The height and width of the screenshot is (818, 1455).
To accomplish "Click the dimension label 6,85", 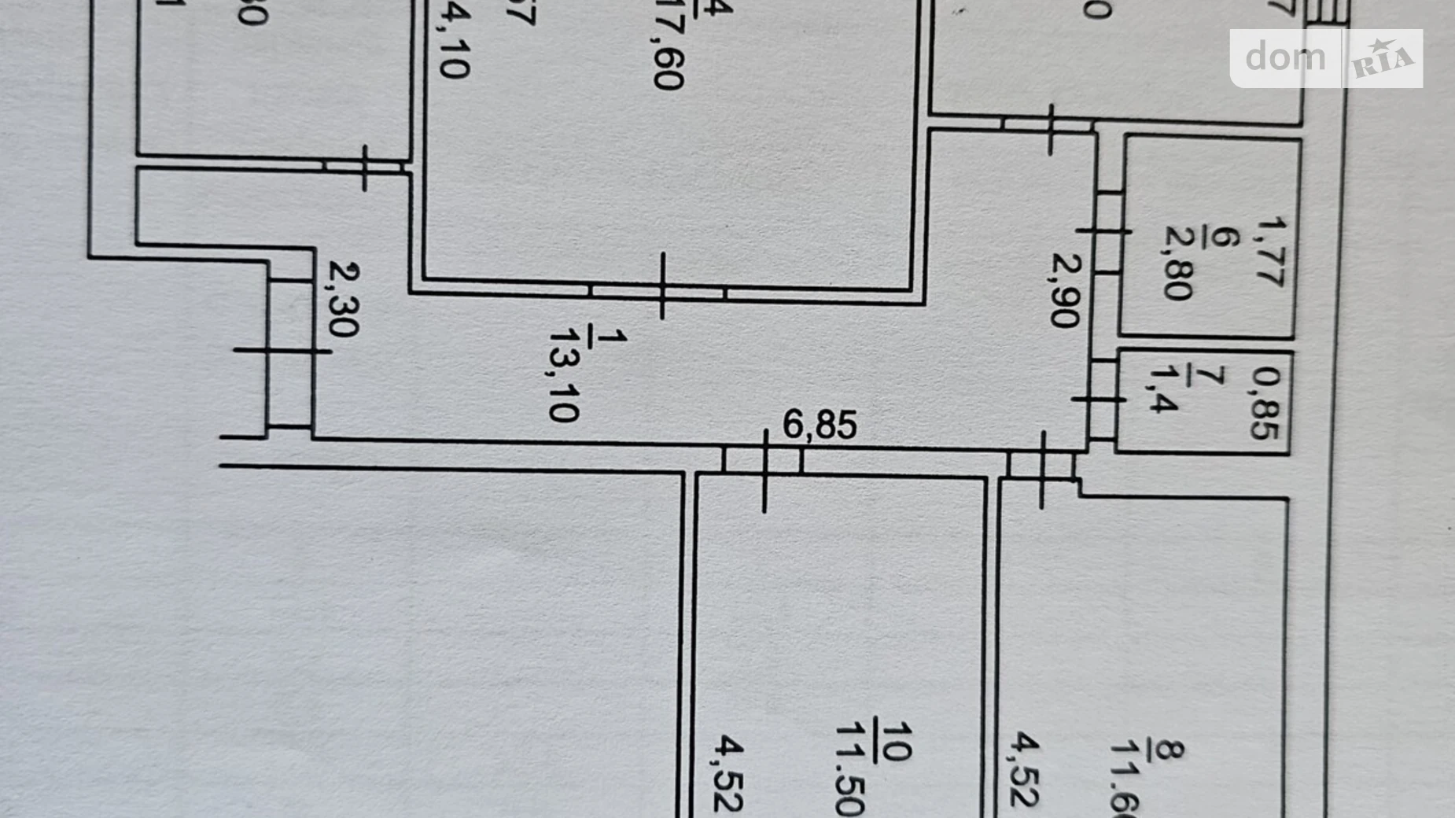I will tap(819, 425).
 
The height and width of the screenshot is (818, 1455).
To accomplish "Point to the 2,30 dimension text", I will tap(344, 300).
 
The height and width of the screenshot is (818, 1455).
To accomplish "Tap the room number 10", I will tap(895, 742).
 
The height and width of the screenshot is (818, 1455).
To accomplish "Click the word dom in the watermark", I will tap(1285, 57).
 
